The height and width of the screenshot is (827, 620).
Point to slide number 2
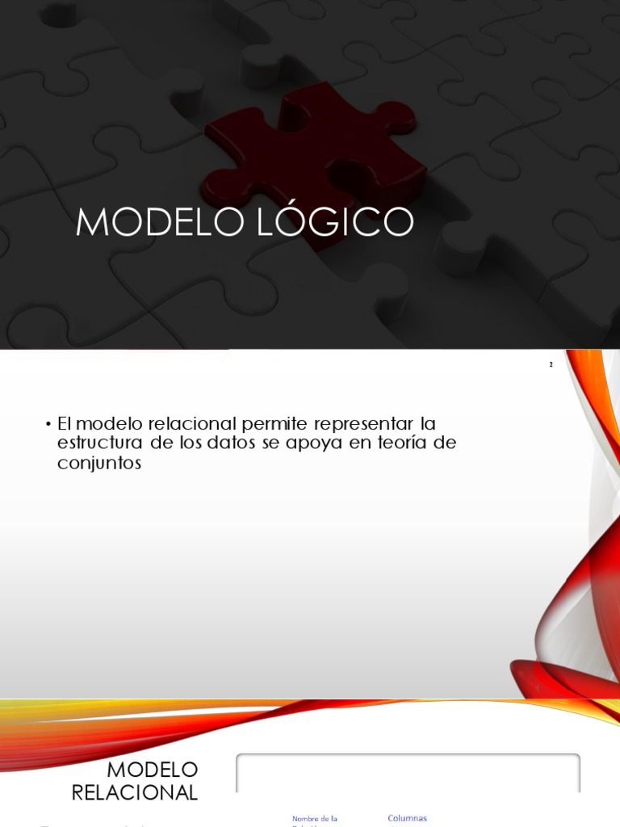tap(551, 365)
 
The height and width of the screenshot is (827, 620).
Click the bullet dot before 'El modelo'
tap(48, 424)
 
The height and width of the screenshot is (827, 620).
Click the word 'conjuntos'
tap(99, 464)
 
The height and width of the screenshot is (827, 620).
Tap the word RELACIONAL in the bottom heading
tap(135, 792)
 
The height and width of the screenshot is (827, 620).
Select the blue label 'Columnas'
tap(407, 818)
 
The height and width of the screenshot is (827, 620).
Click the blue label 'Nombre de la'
tap(314, 819)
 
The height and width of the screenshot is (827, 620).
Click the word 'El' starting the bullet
tap(65, 424)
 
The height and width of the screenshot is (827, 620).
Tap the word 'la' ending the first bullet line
tap(429, 424)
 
